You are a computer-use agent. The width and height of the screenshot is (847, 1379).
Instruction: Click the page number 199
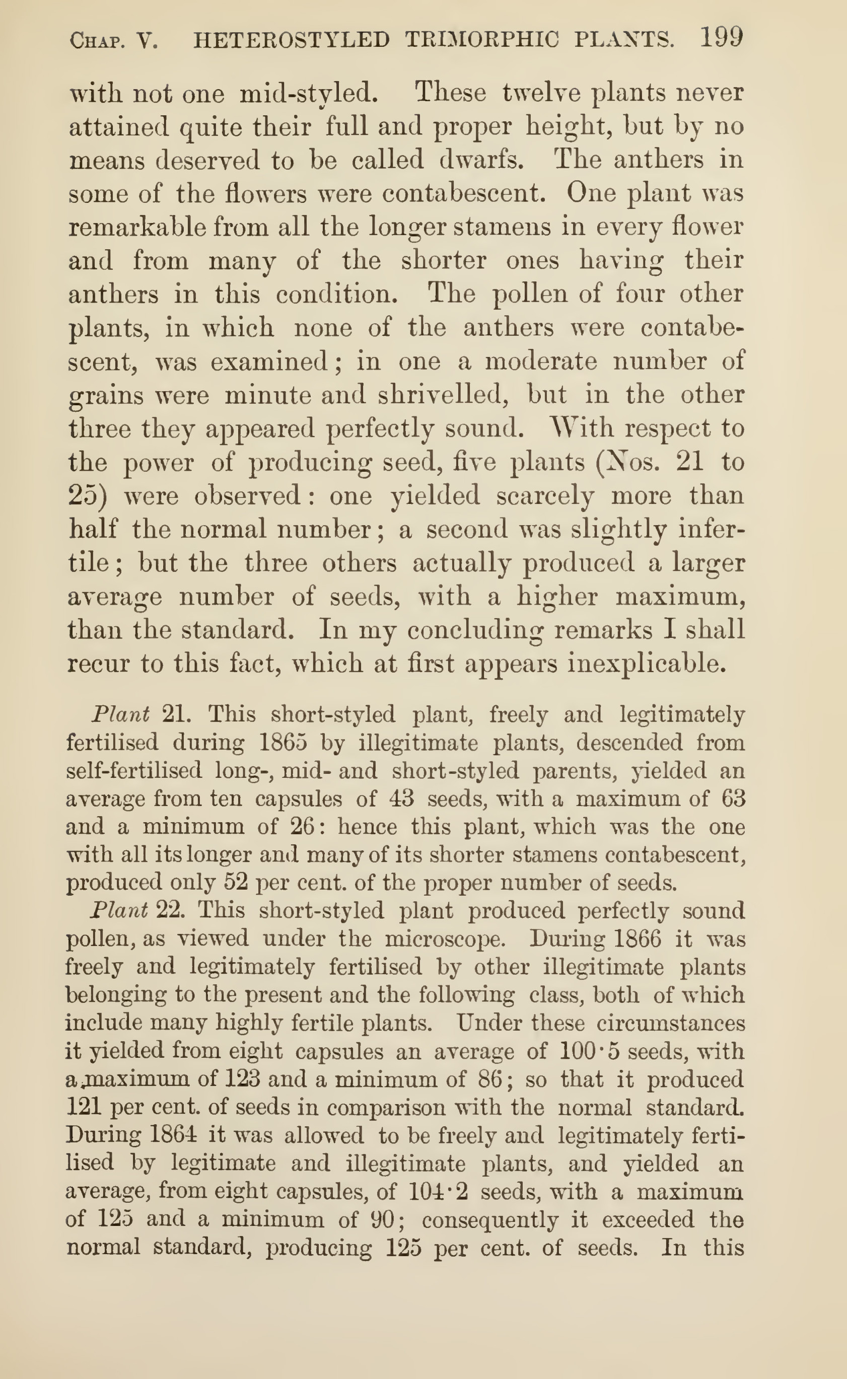(x=722, y=38)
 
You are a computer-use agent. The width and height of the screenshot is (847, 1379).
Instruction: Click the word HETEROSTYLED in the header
(x=291, y=40)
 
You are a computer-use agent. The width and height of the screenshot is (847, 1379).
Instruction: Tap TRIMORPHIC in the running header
(x=482, y=40)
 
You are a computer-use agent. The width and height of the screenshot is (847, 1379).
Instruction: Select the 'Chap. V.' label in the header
(x=114, y=41)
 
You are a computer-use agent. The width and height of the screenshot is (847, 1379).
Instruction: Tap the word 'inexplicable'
(x=647, y=664)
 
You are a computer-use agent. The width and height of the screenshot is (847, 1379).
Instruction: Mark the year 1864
(x=174, y=1134)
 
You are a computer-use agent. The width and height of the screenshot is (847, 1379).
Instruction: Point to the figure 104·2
(x=438, y=1190)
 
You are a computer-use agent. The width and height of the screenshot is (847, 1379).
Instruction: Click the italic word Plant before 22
(x=119, y=910)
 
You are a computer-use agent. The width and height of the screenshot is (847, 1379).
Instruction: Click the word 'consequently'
(x=490, y=1219)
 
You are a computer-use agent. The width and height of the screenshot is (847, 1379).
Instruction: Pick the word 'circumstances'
(x=671, y=1023)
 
